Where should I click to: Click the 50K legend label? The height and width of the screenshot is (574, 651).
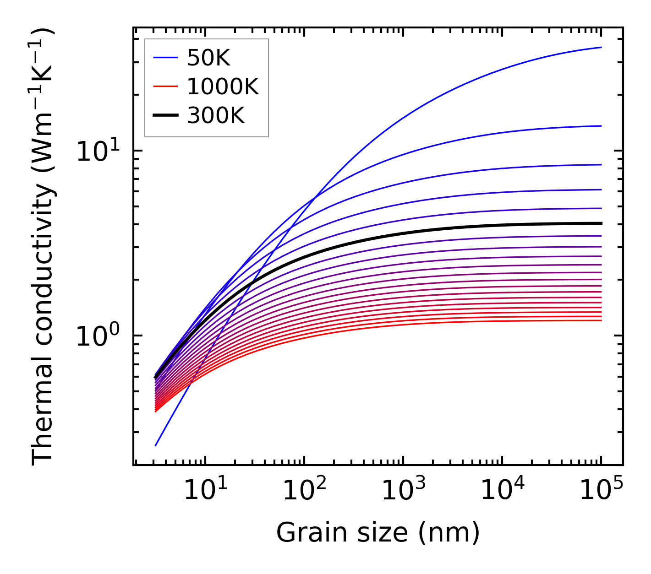(x=208, y=58)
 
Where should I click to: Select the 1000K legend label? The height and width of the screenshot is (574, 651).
(x=223, y=87)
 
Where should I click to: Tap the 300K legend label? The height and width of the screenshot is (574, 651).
(x=216, y=116)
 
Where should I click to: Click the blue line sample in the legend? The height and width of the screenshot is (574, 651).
(x=165, y=58)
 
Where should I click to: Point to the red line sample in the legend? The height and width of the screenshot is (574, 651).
(x=165, y=87)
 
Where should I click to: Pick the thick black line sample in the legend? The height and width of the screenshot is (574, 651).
(x=165, y=116)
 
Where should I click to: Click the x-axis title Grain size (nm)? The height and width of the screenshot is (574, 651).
(x=378, y=533)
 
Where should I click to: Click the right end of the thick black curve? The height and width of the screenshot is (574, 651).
(x=601, y=223)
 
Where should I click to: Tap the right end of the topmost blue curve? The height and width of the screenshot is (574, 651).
(x=601, y=47)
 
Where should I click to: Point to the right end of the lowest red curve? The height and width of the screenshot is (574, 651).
(x=601, y=320)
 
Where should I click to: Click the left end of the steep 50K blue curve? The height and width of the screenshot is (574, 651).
(x=156, y=445)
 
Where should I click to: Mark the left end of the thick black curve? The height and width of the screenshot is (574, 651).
(x=156, y=378)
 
